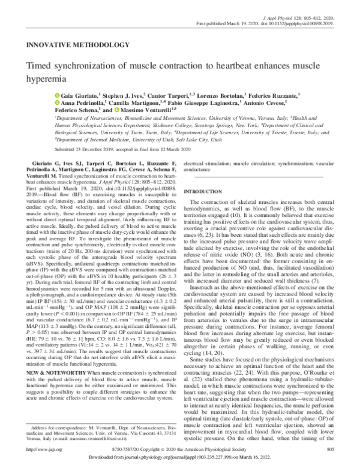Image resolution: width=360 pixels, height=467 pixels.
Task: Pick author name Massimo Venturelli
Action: pos(128,110)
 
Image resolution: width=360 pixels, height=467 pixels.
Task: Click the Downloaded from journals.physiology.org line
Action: pos(180,459)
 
